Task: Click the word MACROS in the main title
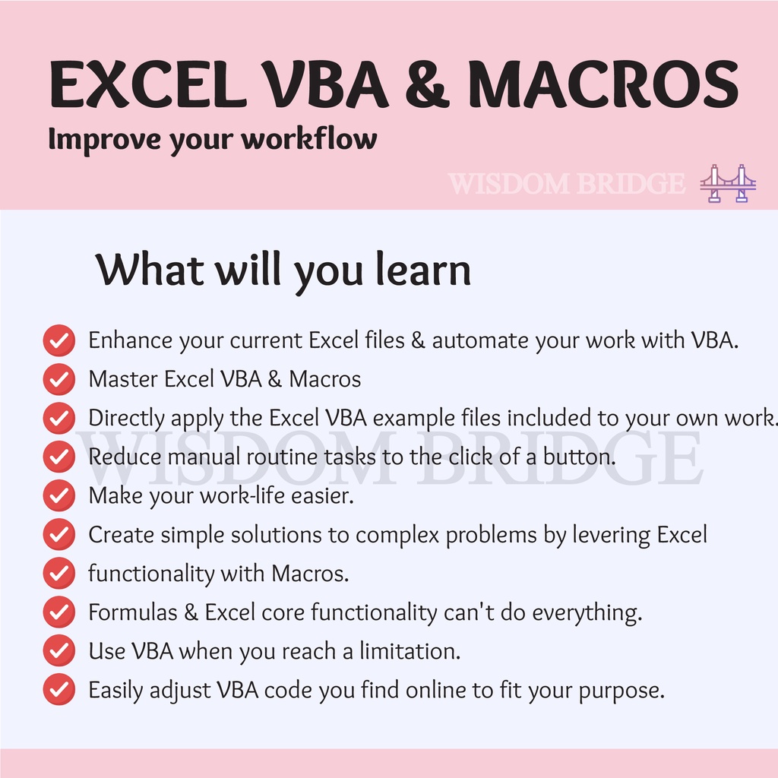point(603,84)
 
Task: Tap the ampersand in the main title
point(427,84)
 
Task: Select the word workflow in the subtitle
point(309,138)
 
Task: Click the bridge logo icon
point(728,183)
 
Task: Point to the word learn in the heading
point(423,270)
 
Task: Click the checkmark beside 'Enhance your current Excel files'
point(59,340)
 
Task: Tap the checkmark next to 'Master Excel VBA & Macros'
point(59,379)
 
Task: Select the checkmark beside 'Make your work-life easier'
point(59,495)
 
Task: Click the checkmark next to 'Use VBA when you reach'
point(59,651)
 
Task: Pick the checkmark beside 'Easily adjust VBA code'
point(59,690)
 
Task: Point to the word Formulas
point(132,612)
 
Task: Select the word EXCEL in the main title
point(148,84)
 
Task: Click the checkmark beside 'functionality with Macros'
point(59,573)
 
